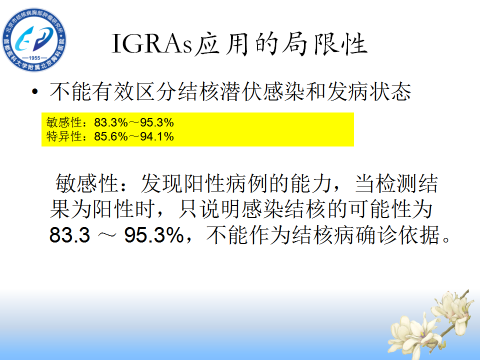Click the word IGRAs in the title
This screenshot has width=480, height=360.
[152, 44]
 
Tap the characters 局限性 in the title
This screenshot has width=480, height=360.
[324, 44]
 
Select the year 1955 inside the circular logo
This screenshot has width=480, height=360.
[34, 57]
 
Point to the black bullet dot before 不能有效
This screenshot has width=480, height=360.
[35, 91]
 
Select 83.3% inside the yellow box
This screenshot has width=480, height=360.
[111, 122]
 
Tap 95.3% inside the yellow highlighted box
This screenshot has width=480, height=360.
[157, 122]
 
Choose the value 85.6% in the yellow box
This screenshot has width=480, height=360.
[111, 136]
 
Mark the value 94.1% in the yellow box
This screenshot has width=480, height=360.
[157, 136]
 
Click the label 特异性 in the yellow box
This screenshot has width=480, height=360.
[64, 136]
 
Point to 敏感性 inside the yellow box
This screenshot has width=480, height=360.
[64, 122]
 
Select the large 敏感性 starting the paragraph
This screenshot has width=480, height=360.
[86, 183]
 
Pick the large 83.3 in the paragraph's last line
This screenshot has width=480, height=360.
[70, 235]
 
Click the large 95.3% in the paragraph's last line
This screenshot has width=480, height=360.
[154, 235]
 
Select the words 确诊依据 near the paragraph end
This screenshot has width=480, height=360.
[397, 235]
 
